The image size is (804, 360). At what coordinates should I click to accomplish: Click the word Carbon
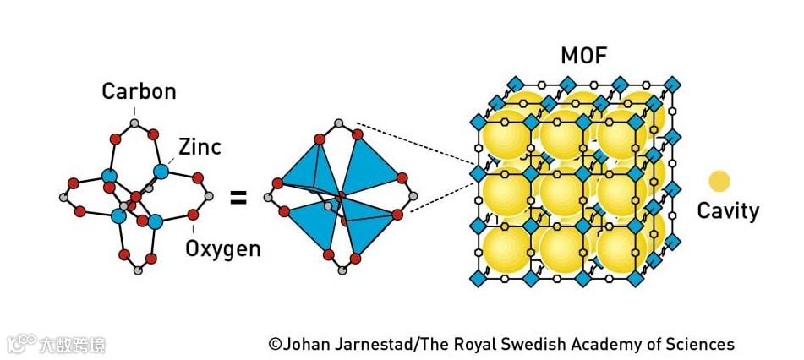pos(139,91)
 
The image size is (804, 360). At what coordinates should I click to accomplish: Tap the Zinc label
pos(200,147)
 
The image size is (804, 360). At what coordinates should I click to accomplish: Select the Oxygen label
pos(222,248)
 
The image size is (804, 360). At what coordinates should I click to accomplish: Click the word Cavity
pos(727,210)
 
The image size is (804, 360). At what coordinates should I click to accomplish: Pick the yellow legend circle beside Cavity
pos(719,182)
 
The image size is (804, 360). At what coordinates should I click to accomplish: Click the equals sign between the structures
pos(239,199)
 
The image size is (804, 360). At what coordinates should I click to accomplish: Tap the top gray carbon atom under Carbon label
pos(134,123)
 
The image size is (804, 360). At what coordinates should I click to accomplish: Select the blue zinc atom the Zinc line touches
pos(161,172)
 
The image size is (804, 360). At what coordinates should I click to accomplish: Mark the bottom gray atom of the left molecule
pos(139,270)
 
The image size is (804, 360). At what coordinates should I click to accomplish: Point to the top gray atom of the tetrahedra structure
pos(339,123)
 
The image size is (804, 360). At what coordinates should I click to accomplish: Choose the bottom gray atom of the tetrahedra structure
pos(340,271)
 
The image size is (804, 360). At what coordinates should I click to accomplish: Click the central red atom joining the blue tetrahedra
pos(340,197)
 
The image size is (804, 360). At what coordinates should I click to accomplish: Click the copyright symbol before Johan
pos(275,344)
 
